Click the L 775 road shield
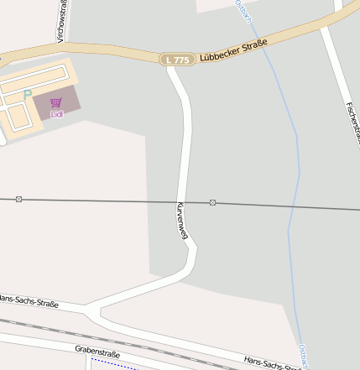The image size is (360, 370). click(178, 60)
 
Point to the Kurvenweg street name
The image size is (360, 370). click(180, 221)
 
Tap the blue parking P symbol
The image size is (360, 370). click(27, 96)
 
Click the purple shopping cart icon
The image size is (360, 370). click(56, 102)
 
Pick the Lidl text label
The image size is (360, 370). click(56, 113)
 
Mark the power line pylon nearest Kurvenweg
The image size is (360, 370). click(213, 203)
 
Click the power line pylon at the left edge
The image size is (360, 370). click(18, 199)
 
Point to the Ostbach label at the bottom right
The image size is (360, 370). click(304, 356)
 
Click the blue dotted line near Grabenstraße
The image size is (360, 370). click(113, 364)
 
